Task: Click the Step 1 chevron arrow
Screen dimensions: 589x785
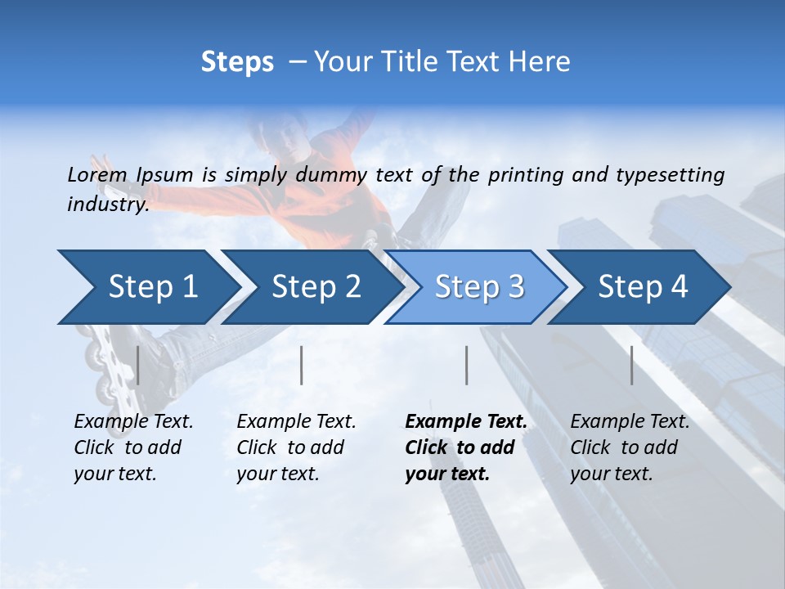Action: [147, 287]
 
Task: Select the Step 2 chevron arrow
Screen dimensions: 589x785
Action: [315, 287]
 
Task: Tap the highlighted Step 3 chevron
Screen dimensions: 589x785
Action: [478, 287]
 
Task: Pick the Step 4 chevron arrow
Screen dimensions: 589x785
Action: [642, 287]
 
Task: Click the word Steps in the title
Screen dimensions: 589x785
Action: [237, 62]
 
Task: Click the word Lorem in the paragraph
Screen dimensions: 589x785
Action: [97, 174]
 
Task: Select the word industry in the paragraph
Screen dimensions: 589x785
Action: [107, 205]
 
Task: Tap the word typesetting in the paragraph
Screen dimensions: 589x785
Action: [670, 174]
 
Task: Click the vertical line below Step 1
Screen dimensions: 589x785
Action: [137, 365]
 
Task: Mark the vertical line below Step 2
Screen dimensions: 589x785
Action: [302, 365]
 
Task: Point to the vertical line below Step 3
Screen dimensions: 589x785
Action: [466, 365]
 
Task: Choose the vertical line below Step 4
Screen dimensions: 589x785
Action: [631, 365]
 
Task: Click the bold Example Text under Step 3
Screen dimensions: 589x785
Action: [466, 422]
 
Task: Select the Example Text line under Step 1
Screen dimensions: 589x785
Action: [133, 422]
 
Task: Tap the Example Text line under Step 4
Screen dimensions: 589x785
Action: [630, 422]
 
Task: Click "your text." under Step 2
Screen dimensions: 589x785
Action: [278, 474]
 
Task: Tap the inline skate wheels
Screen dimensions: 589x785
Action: [102, 360]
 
